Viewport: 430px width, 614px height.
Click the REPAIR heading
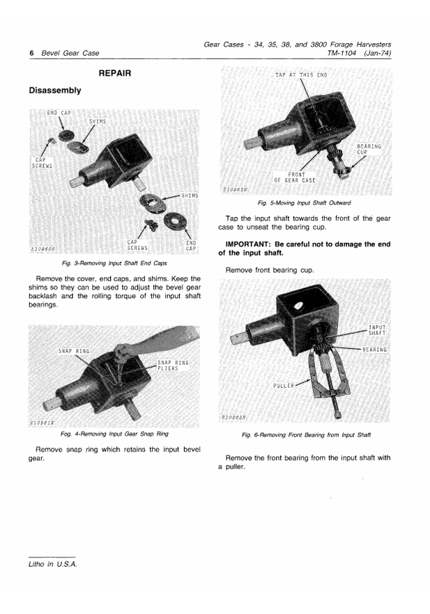115,73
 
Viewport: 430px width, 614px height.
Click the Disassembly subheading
55,90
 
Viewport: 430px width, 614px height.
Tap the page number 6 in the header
32,53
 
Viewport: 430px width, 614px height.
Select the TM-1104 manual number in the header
341,53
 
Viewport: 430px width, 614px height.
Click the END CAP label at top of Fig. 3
59,113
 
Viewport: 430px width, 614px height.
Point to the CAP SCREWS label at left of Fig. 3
42,163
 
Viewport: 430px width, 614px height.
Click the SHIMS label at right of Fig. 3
190,196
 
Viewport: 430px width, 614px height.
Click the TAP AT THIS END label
301,75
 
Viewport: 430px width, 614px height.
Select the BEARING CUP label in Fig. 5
369,149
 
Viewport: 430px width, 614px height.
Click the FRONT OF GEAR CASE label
295,178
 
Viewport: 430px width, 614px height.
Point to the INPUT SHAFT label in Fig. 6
377,330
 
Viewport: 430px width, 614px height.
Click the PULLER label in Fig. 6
284,386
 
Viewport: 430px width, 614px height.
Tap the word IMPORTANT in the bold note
245,244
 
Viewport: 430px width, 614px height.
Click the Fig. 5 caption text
304,203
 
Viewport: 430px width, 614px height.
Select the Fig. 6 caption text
306,434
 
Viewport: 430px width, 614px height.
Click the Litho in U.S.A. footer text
53,565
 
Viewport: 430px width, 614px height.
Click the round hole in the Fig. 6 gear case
300,305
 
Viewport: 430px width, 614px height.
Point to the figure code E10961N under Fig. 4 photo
43,423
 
